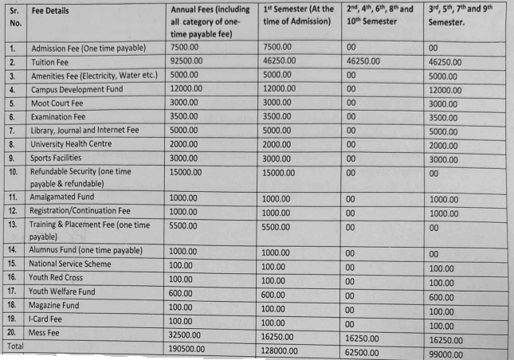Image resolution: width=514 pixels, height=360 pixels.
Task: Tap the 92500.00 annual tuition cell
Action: coord(187,61)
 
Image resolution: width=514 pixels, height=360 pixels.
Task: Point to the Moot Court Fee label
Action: coord(57,103)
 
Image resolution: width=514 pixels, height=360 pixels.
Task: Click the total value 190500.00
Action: coord(191,349)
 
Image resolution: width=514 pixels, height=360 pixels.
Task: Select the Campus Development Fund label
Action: coord(77,89)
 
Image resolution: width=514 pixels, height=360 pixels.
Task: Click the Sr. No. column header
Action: coord(15,18)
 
